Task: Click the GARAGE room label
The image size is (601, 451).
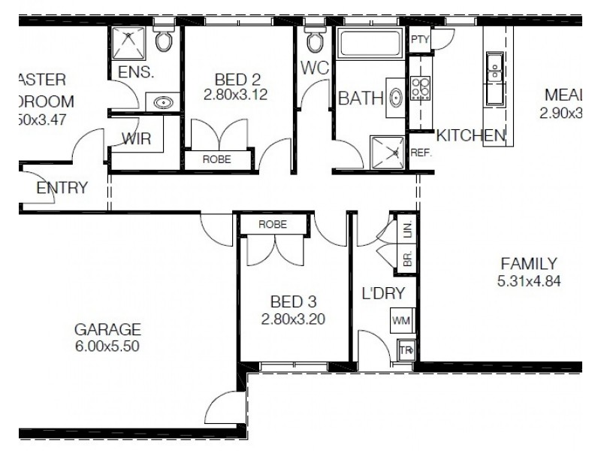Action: pos(108,329)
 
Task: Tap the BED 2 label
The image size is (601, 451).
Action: pos(235,79)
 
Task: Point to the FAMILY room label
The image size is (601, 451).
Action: pos(529,264)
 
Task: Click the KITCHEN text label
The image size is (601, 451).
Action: pos(470,136)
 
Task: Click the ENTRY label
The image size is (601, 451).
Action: pos(62,188)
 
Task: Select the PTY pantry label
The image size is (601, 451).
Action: pos(418,41)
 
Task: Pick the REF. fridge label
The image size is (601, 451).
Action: pos(419,152)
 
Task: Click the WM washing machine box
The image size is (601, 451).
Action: pos(400,321)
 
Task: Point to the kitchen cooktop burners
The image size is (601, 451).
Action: pos(420,88)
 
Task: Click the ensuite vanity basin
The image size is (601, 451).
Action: pos(163,102)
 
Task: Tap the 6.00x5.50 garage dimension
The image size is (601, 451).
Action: pos(108,347)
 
